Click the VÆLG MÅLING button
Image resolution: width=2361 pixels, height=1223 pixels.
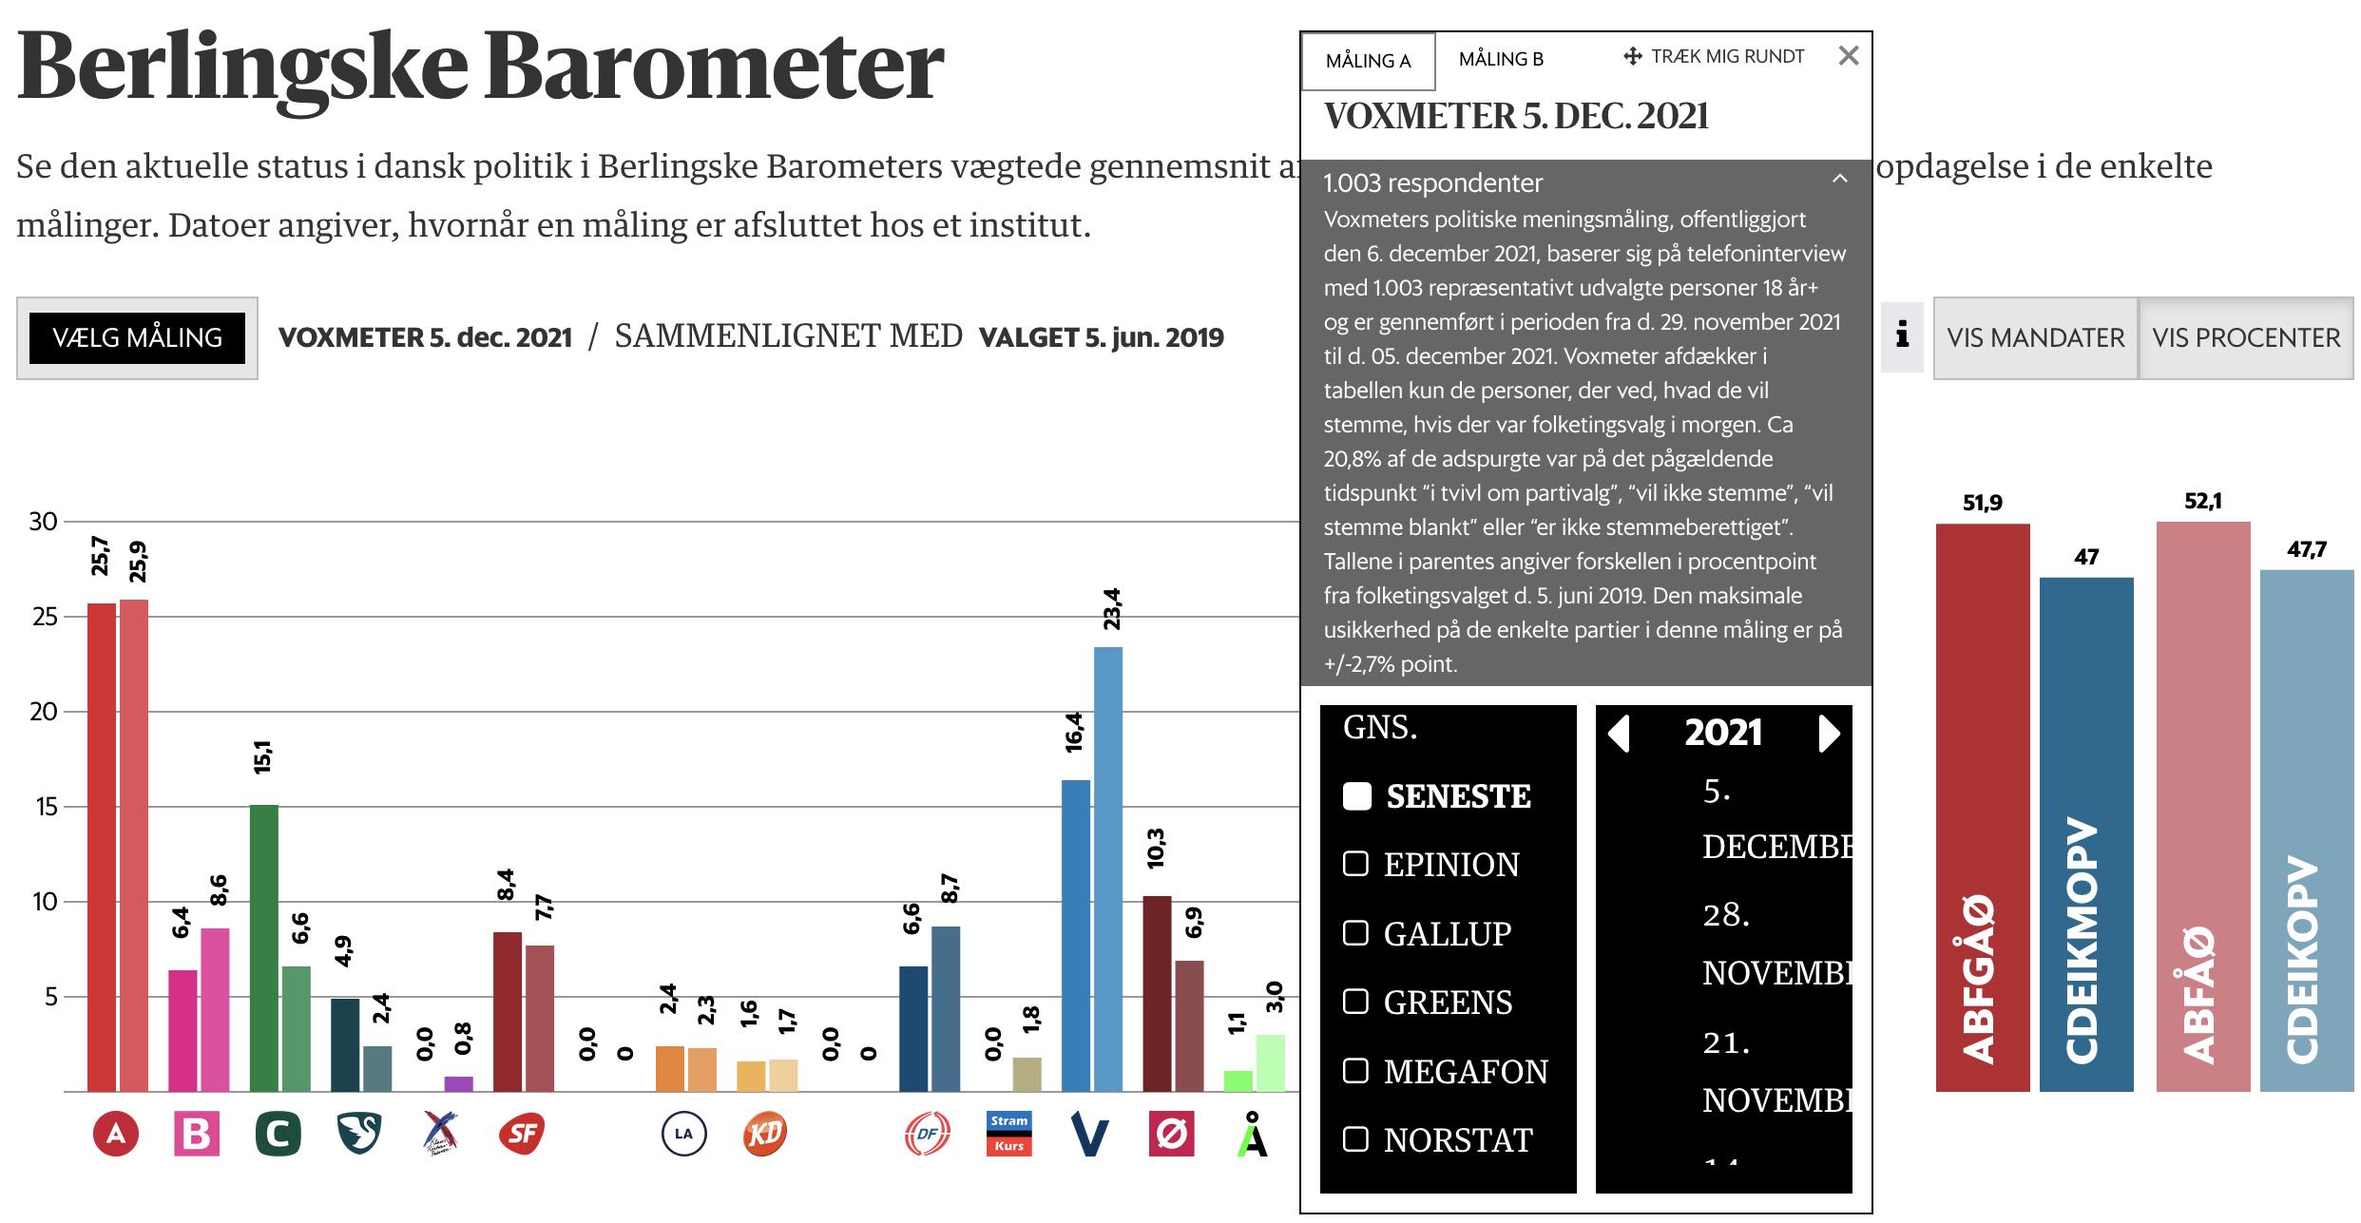pyautogui.click(x=137, y=337)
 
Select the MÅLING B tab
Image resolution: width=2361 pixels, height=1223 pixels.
pyautogui.click(x=1501, y=59)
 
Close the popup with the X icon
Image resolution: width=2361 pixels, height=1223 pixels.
pyautogui.click(x=1848, y=56)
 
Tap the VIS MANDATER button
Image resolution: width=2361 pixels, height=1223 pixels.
pyautogui.click(x=2035, y=337)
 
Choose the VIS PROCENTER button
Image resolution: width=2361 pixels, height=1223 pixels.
pyautogui.click(x=2246, y=337)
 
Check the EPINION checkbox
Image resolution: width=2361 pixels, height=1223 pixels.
pyautogui.click(x=1355, y=864)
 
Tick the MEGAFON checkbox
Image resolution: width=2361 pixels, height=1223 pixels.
pyautogui.click(x=1355, y=1071)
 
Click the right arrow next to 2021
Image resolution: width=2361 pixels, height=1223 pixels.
pyautogui.click(x=1829, y=734)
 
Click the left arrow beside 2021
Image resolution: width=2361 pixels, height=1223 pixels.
pyautogui.click(x=1619, y=734)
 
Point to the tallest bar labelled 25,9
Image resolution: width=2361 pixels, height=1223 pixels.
pyautogui.click(x=134, y=846)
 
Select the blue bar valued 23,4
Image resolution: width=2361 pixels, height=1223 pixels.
pyautogui.click(x=1108, y=869)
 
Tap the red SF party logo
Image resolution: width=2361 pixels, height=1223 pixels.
pyautogui.click(x=521, y=1134)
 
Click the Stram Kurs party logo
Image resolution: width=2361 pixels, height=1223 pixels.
pyautogui.click(x=1008, y=1134)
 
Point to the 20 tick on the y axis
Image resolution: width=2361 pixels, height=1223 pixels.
pyautogui.click(x=44, y=712)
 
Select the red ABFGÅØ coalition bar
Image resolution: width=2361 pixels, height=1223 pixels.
pyautogui.click(x=1983, y=808)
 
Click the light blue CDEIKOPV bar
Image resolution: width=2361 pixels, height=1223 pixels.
pyautogui.click(x=2306, y=831)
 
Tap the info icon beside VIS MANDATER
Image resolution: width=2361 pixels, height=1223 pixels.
pyautogui.click(x=1902, y=336)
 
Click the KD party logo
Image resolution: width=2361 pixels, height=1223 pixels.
pyautogui.click(x=764, y=1134)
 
